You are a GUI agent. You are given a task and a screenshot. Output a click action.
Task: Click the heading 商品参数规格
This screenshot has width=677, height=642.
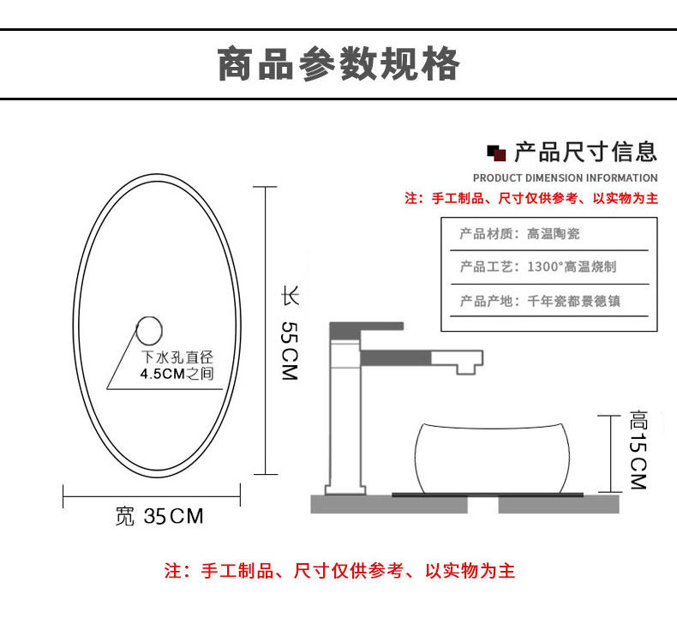338,66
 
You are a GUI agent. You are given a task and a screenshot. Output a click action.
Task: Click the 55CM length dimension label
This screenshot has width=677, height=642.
289,351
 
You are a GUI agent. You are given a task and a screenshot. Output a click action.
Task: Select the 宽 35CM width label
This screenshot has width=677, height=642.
159,516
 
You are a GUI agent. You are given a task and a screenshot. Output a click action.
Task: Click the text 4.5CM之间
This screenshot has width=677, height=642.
177,373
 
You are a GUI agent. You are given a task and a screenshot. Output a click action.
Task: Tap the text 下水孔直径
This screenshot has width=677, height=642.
177,357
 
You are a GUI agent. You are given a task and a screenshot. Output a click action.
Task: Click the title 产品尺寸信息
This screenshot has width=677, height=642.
586,153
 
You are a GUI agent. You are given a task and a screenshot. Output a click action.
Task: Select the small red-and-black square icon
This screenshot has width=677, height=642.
496,154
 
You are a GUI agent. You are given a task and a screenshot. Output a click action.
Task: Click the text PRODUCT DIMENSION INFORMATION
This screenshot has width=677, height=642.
566,178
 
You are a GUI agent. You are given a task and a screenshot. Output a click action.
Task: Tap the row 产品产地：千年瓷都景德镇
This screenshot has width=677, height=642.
539,301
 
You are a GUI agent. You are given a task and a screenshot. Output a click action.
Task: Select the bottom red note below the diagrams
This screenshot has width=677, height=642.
339,571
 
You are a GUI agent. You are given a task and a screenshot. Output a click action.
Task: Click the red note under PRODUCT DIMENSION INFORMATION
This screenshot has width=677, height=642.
531,199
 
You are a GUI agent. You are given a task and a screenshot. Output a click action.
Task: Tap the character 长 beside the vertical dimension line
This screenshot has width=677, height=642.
290,298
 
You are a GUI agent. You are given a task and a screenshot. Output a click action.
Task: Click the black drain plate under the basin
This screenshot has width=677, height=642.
488,495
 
